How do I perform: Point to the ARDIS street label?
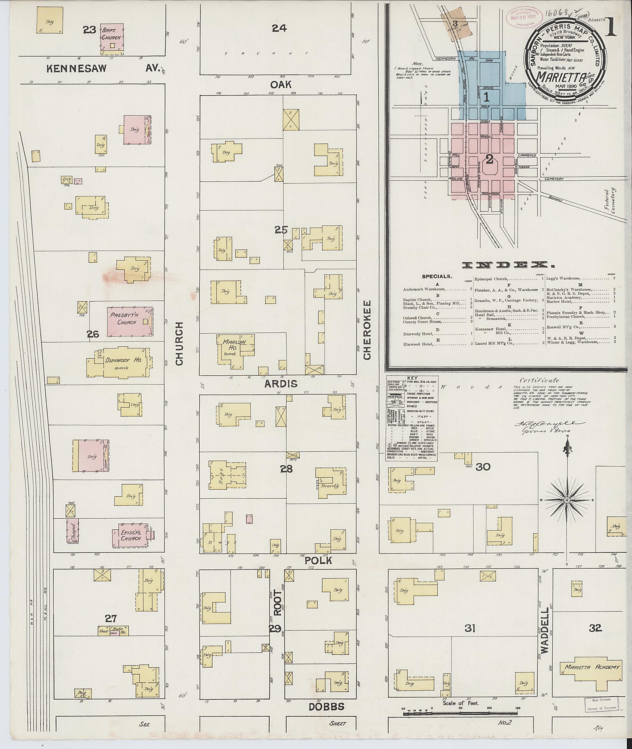pyautogui.click(x=281, y=384)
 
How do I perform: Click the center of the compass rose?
pyautogui.click(x=567, y=500)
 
